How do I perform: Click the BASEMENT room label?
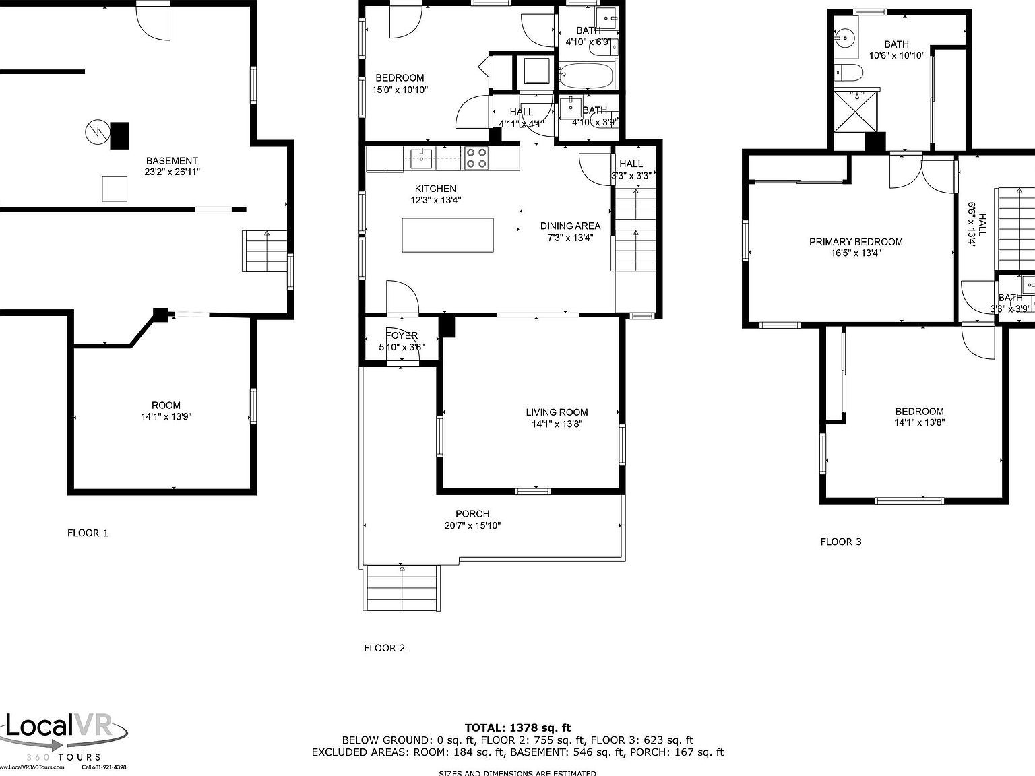172,161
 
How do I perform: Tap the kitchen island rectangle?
447,235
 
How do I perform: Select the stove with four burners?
476,158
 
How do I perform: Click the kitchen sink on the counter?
422,158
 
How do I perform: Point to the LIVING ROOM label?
557,412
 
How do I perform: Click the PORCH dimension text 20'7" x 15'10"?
472,525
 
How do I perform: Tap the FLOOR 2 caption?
384,648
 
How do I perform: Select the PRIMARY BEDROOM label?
856,242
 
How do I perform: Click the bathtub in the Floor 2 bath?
586,75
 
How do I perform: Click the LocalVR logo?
64,732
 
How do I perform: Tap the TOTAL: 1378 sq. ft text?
517,727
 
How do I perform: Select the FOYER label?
402,335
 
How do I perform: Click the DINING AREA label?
570,226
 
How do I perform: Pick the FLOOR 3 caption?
841,542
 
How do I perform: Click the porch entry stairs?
402,588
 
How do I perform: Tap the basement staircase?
265,251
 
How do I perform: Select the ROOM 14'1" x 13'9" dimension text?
166,416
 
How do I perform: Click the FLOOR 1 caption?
88,533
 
